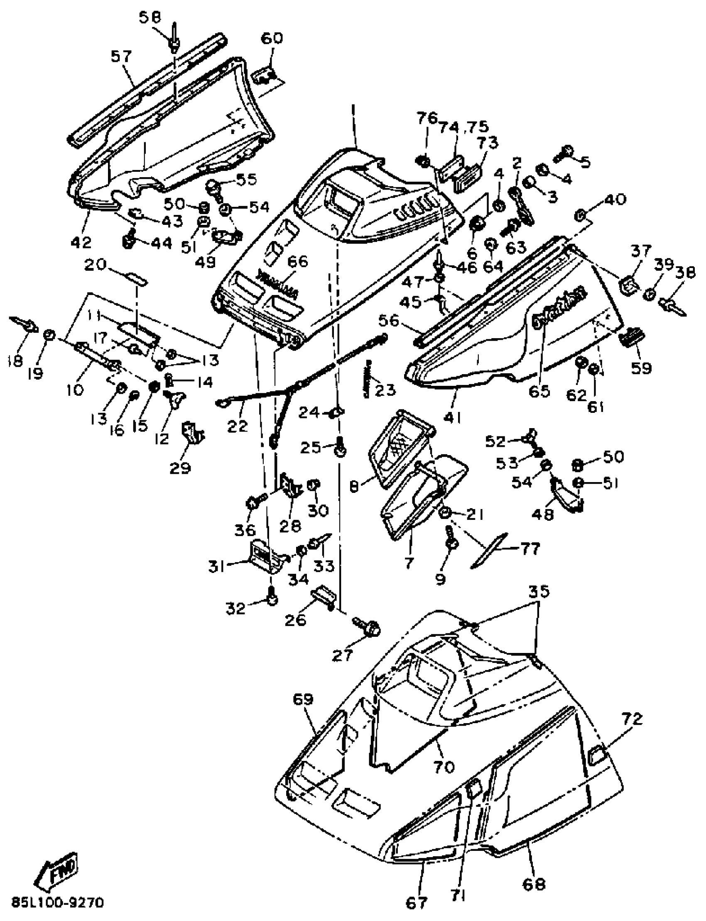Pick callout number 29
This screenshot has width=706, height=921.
(x=180, y=467)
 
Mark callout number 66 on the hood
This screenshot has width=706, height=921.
(x=297, y=261)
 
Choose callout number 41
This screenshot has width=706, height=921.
(x=454, y=417)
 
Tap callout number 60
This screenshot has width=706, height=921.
(x=272, y=39)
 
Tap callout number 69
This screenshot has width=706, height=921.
(x=303, y=699)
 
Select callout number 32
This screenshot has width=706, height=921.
(x=235, y=608)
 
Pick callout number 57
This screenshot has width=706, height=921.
(x=121, y=56)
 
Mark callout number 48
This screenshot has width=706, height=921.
(x=543, y=514)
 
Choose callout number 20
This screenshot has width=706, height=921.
(x=96, y=265)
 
